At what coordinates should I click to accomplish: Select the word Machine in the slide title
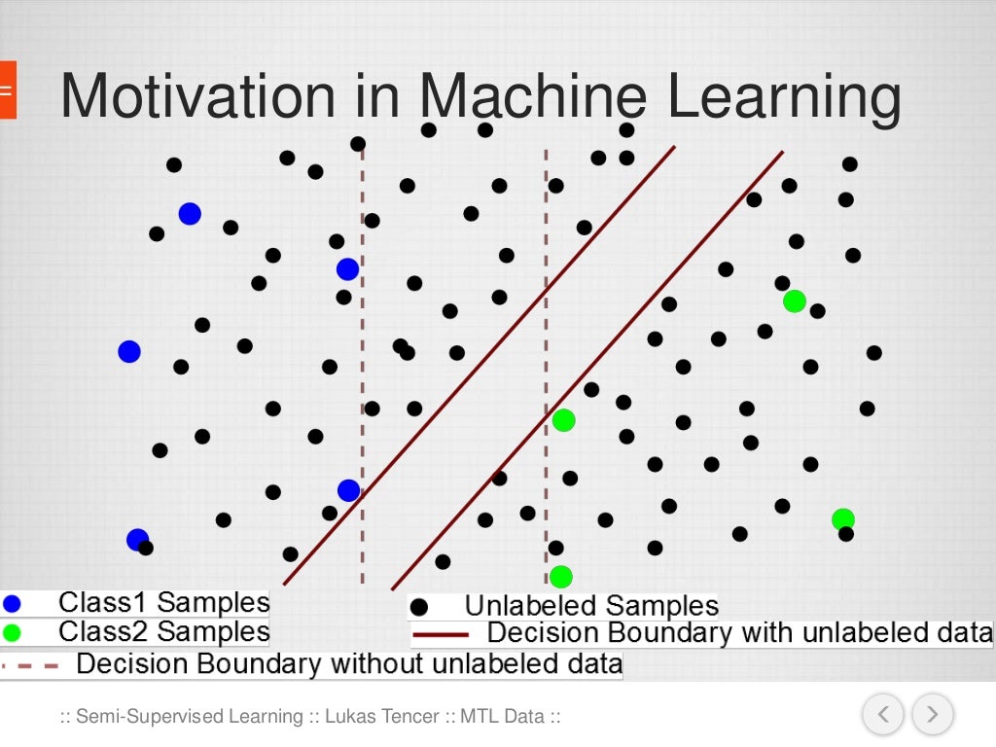[533, 97]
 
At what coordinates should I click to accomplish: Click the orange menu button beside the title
[7, 89]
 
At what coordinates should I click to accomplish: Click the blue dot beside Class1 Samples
[12, 603]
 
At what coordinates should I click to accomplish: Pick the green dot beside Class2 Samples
[12, 633]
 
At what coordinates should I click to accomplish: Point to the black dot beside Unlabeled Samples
[420, 607]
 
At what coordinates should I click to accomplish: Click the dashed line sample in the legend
[29, 666]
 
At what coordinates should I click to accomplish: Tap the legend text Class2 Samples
[163, 632]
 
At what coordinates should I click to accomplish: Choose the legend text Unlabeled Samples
[591, 606]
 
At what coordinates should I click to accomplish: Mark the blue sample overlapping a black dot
[137, 540]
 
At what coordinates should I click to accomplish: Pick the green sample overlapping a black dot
[842, 519]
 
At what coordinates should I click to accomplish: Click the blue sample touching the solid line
[348, 491]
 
